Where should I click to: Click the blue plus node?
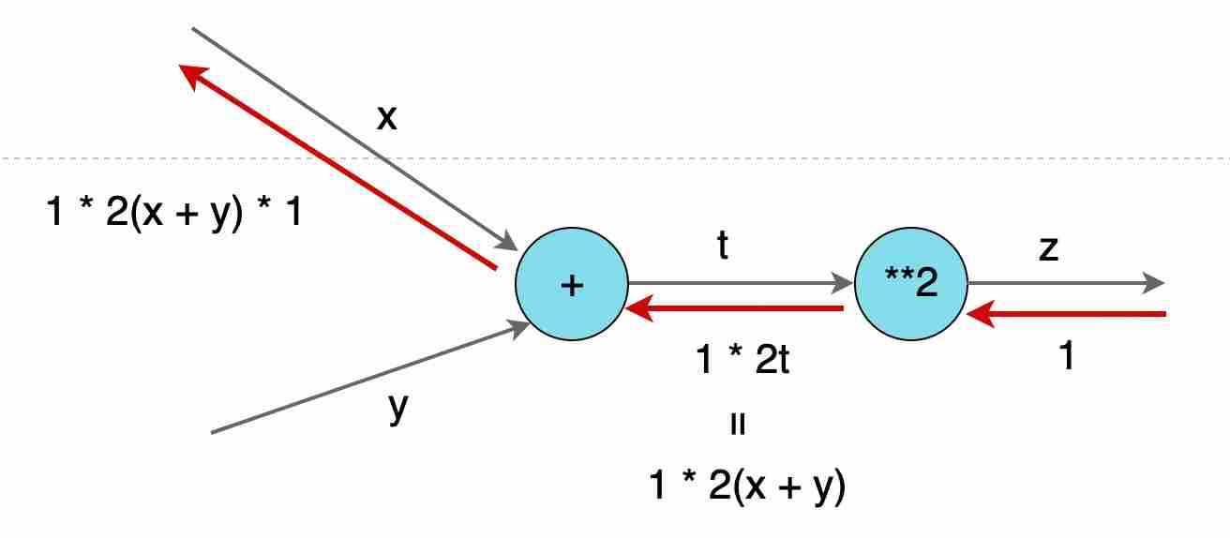coord(572,284)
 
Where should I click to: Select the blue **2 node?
coord(911,284)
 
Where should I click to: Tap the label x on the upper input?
coord(386,117)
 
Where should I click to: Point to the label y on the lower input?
coord(398,408)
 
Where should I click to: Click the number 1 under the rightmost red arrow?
coord(1065,357)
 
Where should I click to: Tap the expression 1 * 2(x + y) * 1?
coord(174,216)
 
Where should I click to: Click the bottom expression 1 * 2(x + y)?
coord(747,487)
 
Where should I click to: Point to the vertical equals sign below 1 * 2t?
coord(738,425)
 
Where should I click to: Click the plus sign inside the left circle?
coord(572,285)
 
